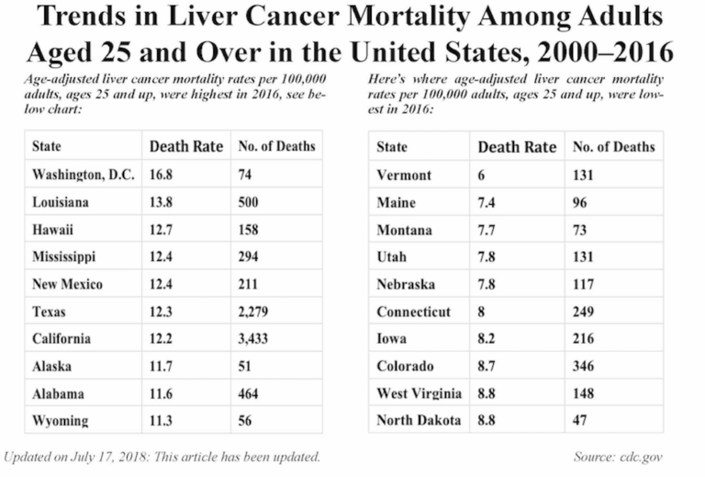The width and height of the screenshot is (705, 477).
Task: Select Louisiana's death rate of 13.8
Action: pos(166,201)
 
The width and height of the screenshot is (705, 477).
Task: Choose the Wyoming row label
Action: pos(61,421)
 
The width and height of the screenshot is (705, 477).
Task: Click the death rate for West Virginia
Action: pos(488,393)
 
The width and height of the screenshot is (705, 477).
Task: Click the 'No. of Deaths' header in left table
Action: pos(277,146)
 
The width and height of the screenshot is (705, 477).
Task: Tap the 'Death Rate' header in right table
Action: pos(517,147)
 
